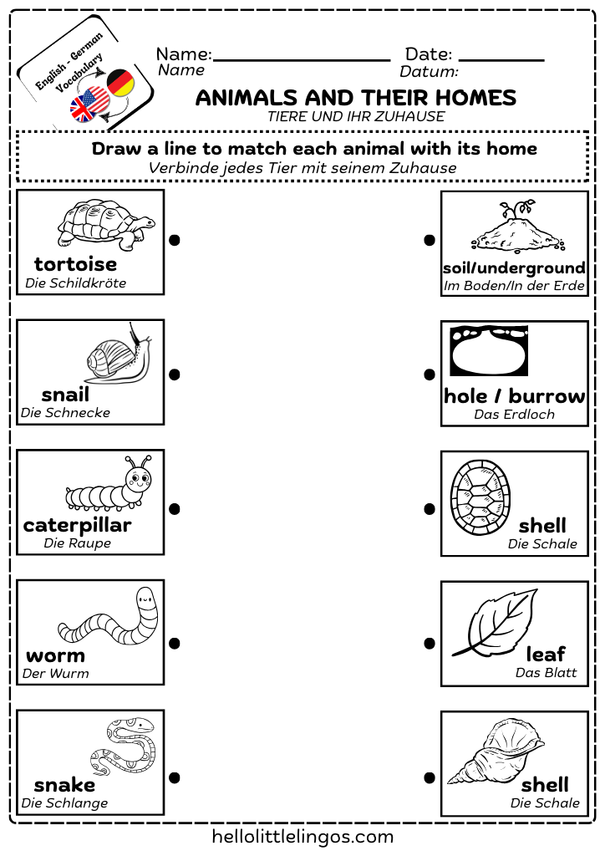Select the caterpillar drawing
(109, 487)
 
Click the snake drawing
(121, 746)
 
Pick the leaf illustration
(496, 623)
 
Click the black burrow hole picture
(489, 351)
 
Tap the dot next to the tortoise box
(175, 241)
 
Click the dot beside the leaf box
(430, 644)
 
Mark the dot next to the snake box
(175, 777)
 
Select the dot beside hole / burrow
(430, 374)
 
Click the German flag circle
(121, 83)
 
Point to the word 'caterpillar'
(77, 526)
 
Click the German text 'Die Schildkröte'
(75, 283)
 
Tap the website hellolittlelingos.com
(302, 836)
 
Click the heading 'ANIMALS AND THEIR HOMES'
(356, 98)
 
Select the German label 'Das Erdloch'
(514, 415)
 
